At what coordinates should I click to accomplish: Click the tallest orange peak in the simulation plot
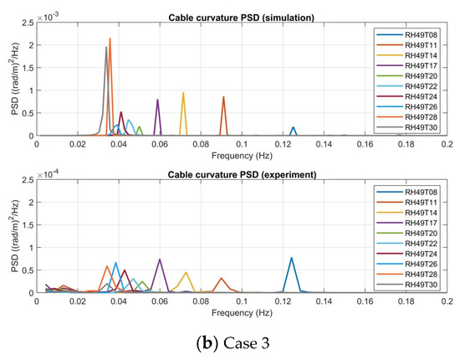click(x=110, y=39)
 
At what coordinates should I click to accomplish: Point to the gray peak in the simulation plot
click(x=106, y=48)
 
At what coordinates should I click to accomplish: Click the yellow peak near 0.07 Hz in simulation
click(x=183, y=93)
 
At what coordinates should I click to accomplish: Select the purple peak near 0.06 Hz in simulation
click(x=157, y=100)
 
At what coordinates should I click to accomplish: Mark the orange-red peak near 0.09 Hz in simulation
click(x=223, y=97)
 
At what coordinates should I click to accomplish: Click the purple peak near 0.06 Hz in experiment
click(x=159, y=260)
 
